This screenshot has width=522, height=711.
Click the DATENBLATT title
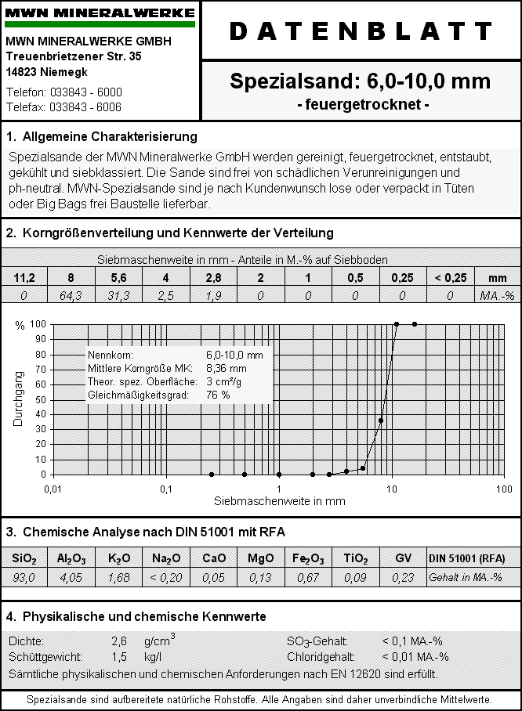361,31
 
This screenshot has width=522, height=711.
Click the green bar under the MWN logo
100,24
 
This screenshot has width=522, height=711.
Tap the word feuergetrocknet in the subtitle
360,104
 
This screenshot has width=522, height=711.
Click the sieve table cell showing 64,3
71,295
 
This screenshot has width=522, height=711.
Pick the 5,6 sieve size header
118,278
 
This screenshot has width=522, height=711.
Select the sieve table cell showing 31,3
118,295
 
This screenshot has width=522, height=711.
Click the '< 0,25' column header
449,278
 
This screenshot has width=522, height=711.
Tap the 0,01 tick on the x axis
53,489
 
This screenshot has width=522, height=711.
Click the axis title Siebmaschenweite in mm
280,501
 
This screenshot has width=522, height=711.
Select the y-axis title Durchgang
18,399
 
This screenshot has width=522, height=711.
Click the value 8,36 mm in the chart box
227,368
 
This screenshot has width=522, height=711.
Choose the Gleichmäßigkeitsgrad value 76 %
218,395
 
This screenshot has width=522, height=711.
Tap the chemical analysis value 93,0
24,578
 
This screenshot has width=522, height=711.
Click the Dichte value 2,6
119,641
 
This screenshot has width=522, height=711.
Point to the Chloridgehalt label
321,657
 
